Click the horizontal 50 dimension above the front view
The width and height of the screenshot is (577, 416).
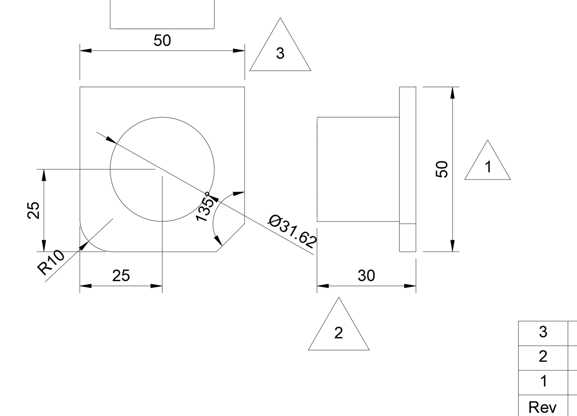click(162, 41)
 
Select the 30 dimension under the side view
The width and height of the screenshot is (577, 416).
click(366, 275)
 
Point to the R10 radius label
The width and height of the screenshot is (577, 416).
click(50, 263)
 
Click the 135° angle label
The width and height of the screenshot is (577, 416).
click(205, 209)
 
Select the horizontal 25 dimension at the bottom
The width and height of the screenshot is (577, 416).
click(121, 275)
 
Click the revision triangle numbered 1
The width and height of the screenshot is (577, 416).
click(488, 165)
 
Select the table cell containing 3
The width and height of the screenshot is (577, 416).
click(543, 333)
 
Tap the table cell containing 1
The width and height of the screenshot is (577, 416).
click(543, 382)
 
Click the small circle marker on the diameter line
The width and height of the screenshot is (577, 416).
click(207, 194)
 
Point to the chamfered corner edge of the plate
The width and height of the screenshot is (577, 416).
click(231, 238)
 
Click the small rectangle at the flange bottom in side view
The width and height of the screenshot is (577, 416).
click(408, 238)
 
